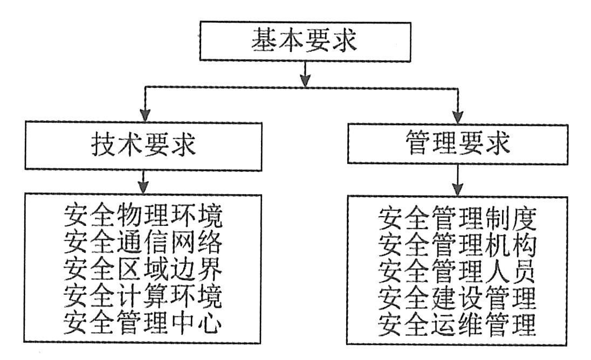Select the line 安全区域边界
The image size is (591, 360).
(x=143, y=269)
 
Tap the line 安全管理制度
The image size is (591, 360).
(x=457, y=218)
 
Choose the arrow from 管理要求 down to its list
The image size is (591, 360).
(x=458, y=181)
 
